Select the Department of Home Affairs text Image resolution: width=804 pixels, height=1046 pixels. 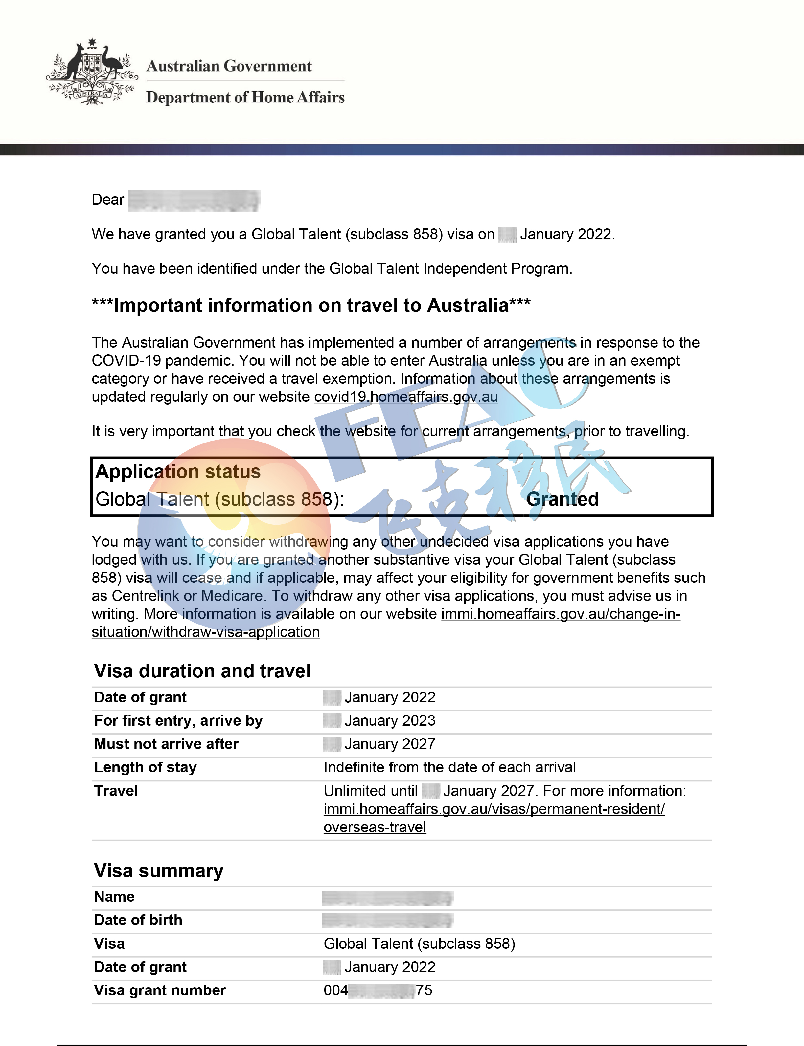(245, 98)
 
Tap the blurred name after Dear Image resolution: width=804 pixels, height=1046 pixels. (194, 200)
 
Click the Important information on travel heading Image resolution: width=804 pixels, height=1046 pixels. (311, 305)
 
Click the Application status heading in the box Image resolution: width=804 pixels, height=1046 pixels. (178, 472)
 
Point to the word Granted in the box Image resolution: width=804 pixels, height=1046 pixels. (562, 499)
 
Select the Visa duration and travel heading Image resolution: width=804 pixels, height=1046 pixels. (202, 671)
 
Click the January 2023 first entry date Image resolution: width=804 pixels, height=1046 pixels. (390, 721)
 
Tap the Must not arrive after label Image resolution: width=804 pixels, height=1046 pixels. (166, 744)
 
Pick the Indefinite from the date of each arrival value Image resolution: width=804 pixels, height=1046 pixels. (449, 767)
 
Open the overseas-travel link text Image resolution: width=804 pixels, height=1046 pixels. (375, 827)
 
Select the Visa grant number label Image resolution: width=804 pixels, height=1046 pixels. (160, 990)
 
